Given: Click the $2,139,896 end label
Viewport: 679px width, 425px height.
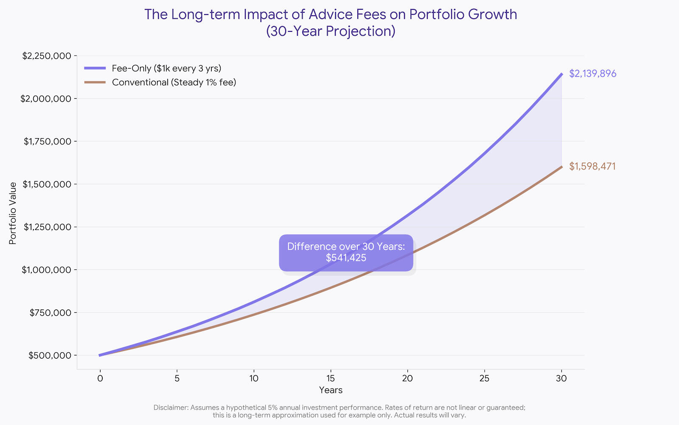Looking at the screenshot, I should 592,74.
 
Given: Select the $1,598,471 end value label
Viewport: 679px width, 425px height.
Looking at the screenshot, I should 592,167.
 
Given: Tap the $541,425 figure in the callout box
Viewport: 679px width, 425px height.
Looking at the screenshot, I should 346,258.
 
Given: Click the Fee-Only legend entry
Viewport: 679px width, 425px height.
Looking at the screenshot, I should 166,68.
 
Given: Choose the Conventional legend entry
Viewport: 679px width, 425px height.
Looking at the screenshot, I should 174,82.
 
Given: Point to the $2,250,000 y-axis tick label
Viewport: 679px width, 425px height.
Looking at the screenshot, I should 46,56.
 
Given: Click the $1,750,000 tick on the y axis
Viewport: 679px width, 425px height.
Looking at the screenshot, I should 47,142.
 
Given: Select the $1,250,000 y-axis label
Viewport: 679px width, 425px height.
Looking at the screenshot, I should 47,227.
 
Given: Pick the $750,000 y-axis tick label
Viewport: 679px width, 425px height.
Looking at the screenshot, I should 50,313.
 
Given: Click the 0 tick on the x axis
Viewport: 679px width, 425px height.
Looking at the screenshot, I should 100,378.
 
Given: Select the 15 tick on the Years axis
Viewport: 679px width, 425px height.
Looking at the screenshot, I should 331,378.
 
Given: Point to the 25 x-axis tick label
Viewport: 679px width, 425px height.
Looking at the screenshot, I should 484,378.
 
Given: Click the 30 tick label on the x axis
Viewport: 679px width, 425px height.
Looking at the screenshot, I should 561,378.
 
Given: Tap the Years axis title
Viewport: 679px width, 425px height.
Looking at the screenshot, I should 331,390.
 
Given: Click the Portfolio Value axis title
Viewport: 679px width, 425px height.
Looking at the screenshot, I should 13,213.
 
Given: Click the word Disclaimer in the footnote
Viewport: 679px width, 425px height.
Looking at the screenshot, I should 171,408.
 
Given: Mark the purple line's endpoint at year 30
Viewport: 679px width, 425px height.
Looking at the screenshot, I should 561,74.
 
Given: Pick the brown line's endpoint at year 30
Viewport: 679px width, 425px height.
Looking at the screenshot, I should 561,167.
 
